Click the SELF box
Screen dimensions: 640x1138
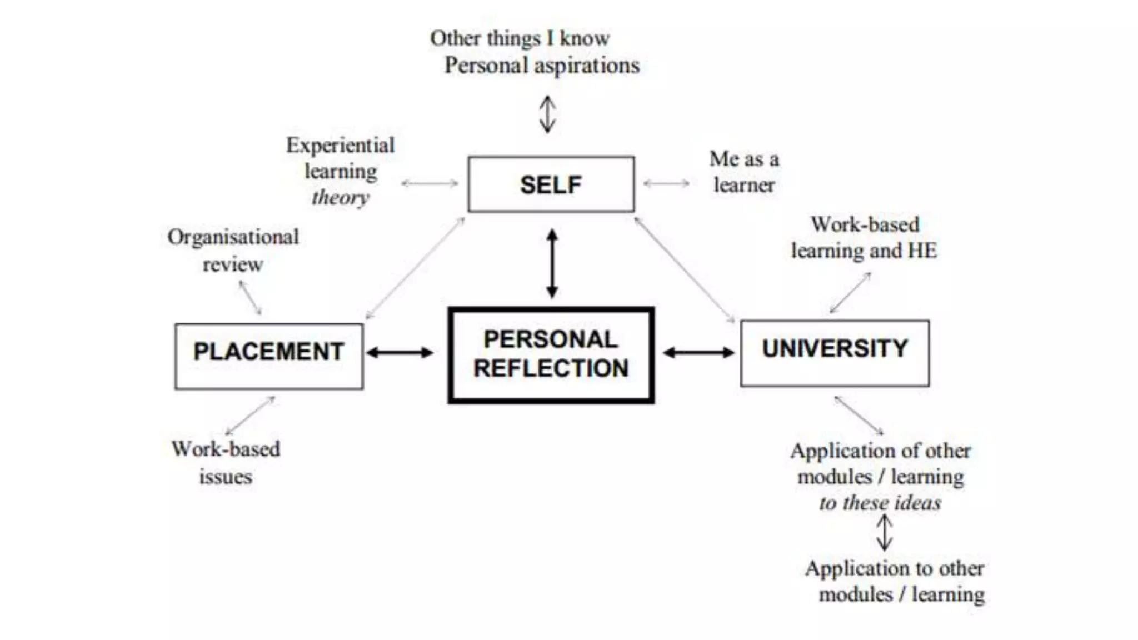[x=551, y=184]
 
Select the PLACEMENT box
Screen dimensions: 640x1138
[x=269, y=356]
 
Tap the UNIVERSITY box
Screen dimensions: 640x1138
[x=835, y=353]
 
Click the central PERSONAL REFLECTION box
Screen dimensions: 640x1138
[x=551, y=355]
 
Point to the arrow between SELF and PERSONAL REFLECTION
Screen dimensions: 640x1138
[x=552, y=264]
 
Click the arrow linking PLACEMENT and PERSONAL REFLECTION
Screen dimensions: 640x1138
[x=400, y=352]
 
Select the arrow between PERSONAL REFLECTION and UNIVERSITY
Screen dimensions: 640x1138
[x=698, y=352]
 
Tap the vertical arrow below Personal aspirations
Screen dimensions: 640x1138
[x=548, y=114]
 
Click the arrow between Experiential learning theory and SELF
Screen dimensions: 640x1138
[x=430, y=183]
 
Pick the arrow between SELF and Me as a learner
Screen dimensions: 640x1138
[x=666, y=183]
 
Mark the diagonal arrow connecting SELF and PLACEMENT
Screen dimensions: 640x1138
[x=415, y=268]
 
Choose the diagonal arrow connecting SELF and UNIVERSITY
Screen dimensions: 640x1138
[x=685, y=269]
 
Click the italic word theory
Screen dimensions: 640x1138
[x=340, y=197]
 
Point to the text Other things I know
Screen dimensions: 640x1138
[x=520, y=38]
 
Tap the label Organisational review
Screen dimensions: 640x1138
[x=233, y=250]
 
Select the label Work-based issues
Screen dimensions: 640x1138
[x=226, y=463]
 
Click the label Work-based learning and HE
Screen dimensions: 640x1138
[x=864, y=237]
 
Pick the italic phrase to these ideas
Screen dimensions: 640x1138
[x=880, y=503]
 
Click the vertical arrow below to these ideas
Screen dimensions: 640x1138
[x=884, y=533]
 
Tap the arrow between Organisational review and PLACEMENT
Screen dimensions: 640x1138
[x=250, y=298]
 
